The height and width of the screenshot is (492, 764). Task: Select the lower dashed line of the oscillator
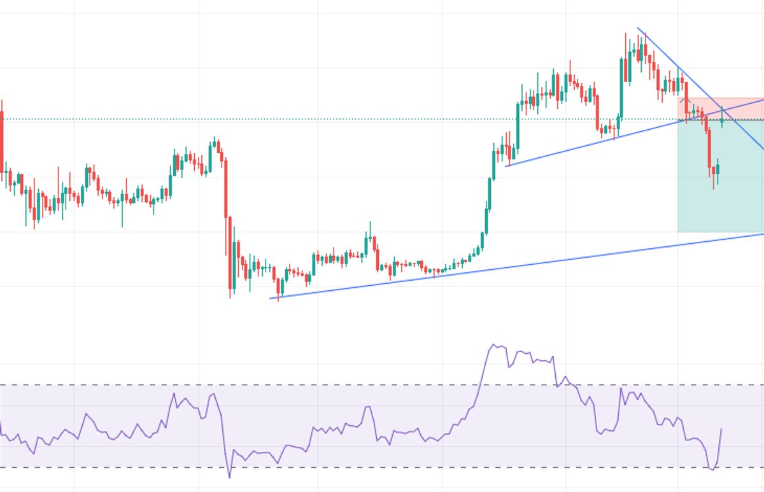[382, 468]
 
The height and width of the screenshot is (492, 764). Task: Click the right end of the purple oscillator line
[721, 429]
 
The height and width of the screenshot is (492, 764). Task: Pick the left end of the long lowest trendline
[270, 298]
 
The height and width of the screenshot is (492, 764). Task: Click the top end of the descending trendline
[638, 28]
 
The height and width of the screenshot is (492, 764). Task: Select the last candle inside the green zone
[718, 169]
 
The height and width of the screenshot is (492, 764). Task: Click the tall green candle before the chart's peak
[621, 70]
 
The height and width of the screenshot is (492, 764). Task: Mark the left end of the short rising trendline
[506, 166]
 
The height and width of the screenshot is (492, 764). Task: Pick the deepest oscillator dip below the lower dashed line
[230, 477]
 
